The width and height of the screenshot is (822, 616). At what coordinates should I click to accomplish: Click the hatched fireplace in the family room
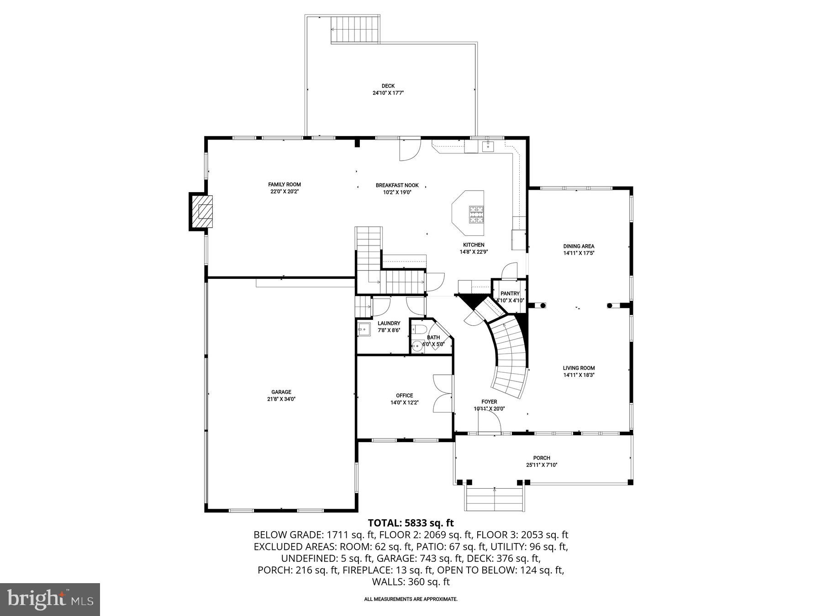(202, 212)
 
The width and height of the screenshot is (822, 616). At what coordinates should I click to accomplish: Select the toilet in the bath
(419, 329)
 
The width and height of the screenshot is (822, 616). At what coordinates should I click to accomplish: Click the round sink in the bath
(416, 345)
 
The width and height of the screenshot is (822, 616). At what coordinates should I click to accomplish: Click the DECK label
(388, 86)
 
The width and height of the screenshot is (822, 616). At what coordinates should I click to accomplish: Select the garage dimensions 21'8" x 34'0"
(281, 399)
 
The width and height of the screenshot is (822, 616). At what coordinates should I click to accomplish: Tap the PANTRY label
(510, 293)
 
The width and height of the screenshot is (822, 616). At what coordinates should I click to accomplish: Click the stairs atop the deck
(355, 30)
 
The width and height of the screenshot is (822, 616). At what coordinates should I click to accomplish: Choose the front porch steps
(495, 499)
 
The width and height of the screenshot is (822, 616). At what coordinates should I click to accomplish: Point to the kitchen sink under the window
(488, 146)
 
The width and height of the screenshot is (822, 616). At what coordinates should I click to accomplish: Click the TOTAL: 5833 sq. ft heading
(411, 523)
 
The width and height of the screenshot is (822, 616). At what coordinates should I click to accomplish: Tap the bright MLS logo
(50, 599)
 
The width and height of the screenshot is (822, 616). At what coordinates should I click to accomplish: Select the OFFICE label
(404, 396)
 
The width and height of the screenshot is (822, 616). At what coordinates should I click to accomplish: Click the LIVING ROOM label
(579, 368)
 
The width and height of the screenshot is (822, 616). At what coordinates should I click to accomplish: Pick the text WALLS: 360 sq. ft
(411, 582)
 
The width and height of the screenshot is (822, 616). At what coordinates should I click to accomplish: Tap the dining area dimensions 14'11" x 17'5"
(579, 253)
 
